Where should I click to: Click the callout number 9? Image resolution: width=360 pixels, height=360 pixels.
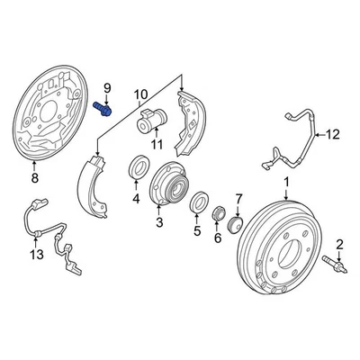pyautogui.click(x=105, y=87)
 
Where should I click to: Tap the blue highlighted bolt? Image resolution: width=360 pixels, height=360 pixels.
pyautogui.click(x=102, y=108)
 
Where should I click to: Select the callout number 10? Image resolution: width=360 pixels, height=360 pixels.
pyautogui.click(x=140, y=94)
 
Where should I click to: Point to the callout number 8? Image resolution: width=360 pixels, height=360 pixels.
pyautogui.click(x=35, y=179)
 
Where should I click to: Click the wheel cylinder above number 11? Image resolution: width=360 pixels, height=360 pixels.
pyautogui.click(x=152, y=120)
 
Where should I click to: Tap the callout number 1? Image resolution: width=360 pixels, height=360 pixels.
pyautogui.click(x=287, y=187)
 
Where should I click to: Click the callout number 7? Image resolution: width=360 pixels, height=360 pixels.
pyautogui.click(x=238, y=198)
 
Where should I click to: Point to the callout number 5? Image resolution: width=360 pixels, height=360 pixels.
pyautogui.click(x=196, y=230)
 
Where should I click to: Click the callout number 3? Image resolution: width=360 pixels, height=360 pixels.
pyautogui.click(x=159, y=222)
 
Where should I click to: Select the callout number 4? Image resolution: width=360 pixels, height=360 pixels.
pyautogui.click(x=136, y=198)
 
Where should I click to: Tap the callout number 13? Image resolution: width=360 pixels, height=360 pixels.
pyautogui.click(x=35, y=256)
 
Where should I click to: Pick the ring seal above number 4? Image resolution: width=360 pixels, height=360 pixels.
pyautogui.click(x=140, y=166)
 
